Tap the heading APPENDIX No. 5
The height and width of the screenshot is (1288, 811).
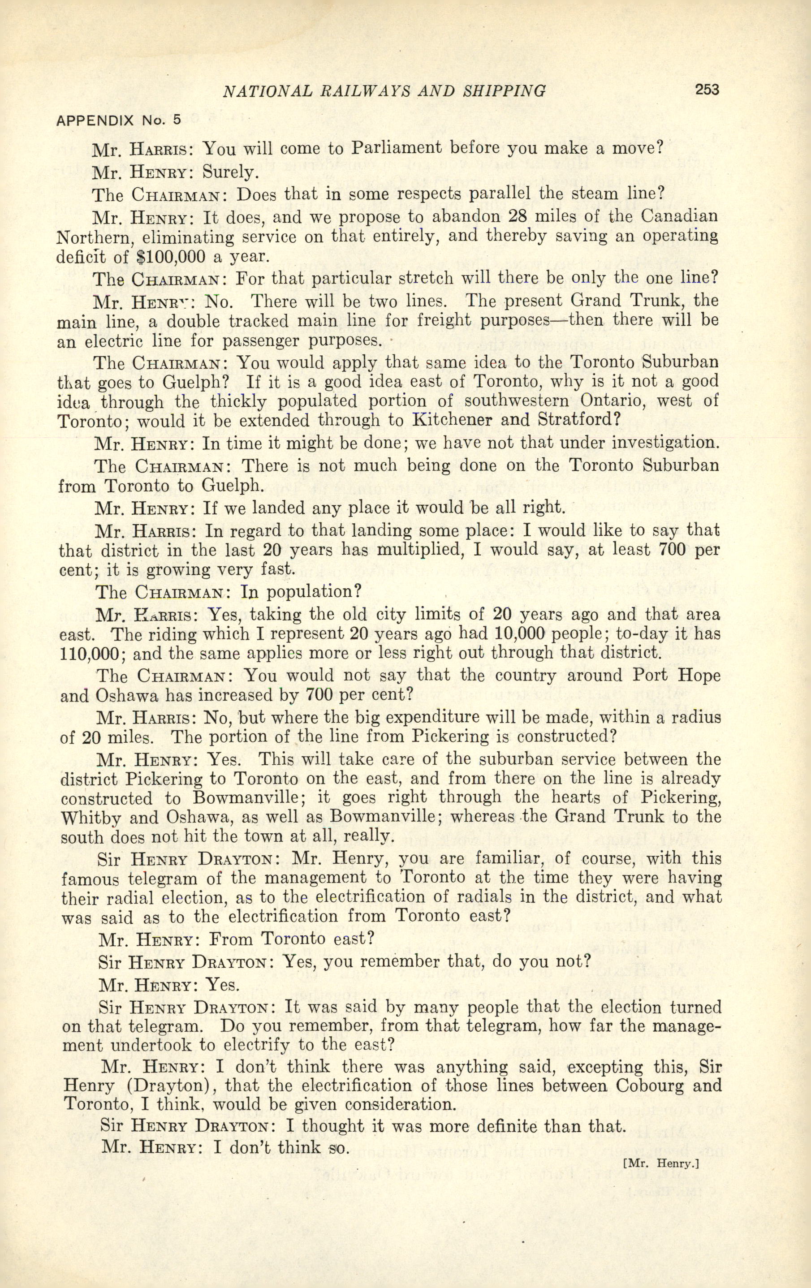coord(119,120)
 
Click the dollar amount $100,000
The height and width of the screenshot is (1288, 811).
coord(171,257)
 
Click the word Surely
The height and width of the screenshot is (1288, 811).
coord(231,172)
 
